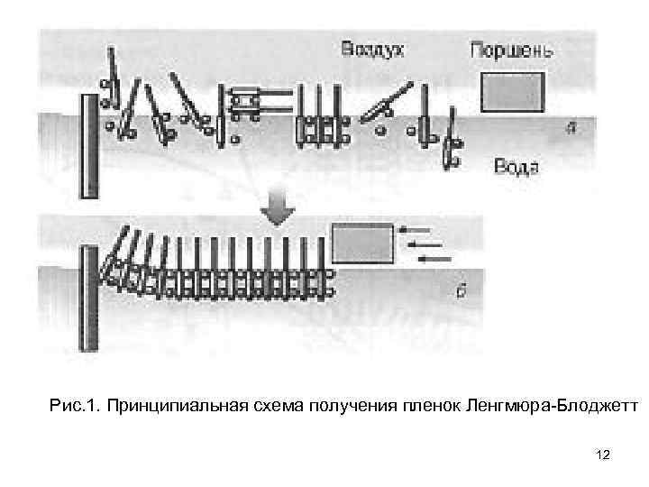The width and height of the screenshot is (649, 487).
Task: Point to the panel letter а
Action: point(570,128)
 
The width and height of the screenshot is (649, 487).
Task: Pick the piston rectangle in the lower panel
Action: point(362,243)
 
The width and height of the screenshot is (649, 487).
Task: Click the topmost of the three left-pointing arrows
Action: point(416,230)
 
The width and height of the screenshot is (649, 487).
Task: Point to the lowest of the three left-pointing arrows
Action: point(435,259)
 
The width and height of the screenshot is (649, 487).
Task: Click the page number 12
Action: point(603,455)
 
